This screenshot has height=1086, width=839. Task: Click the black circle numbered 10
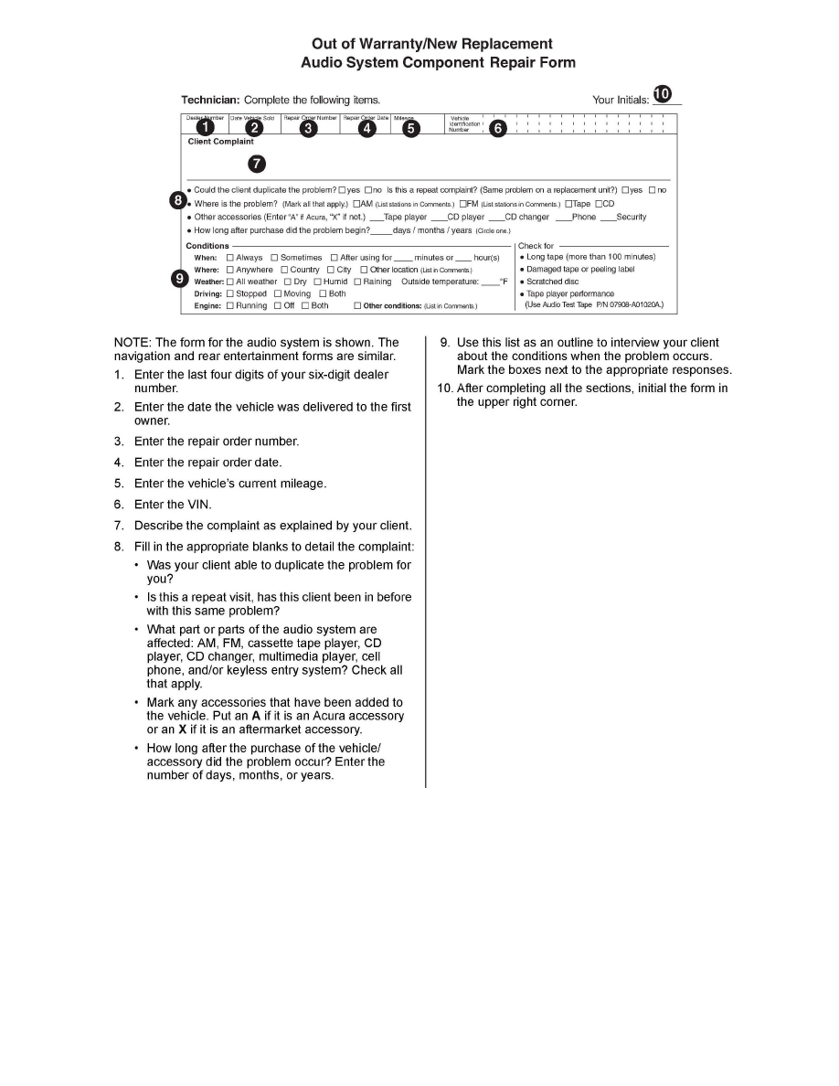tap(663, 93)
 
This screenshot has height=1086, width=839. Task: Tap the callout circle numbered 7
tap(258, 164)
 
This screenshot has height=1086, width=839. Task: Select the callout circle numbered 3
tap(309, 129)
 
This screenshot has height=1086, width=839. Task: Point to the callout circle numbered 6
tap(497, 129)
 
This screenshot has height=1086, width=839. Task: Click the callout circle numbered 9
tap(181, 279)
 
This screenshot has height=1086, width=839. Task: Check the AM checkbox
tap(356, 204)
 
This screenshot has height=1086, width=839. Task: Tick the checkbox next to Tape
tap(568, 204)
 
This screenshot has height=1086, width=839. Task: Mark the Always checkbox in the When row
tap(229, 258)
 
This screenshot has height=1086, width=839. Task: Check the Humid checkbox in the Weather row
tap(317, 282)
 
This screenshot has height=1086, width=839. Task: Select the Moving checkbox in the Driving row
tap(278, 293)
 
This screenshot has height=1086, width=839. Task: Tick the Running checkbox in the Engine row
tap(229, 305)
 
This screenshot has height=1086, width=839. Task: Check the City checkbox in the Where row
tap(331, 270)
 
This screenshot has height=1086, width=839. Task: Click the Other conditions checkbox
tap(357, 305)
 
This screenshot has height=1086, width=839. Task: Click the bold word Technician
tap(210, 100)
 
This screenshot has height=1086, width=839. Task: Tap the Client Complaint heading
tap(220, 142)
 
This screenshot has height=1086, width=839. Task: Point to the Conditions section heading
tap(207, 246)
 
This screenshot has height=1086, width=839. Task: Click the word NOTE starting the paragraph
tap(131, 343)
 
